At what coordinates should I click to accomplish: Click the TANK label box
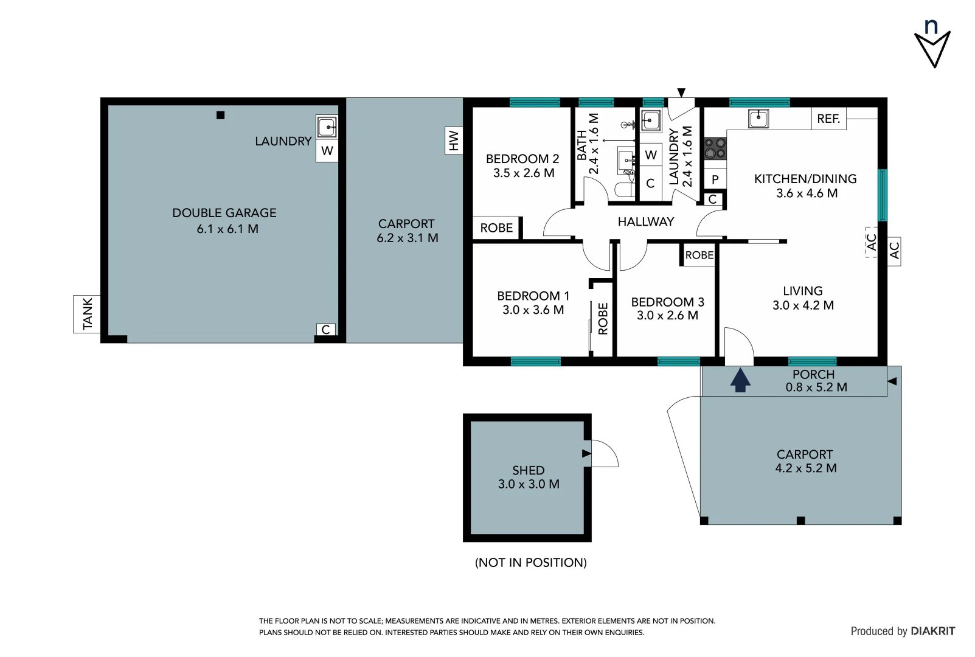pyautogui.click(x=87, y=313)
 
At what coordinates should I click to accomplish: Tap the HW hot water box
pyautogui.click(x=454, y=141)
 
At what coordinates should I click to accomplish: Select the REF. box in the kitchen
pyautogui.click(x=828, y=119)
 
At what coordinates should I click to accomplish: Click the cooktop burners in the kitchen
pyautogui.click(x=715, y=148)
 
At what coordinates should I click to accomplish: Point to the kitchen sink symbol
pyautogui.click(x=758, y=118)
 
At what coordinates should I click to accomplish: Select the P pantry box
pyautogui.click(x=715, y=179)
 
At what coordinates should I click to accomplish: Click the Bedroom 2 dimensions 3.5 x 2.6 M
pyautogui.click(x=524, y=173)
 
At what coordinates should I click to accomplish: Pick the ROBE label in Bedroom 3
pyautogui.click(x=699, y=255)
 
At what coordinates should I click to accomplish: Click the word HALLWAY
pyautogui.click(x=645, y=222)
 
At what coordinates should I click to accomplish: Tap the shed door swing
pyautogui.click(x=604, y=453)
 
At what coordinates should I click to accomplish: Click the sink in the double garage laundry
pyautogui.click(x=327, y=128)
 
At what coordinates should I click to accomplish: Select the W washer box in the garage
pyautogui.click(x=327, y=151)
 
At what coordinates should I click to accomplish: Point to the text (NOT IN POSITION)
pyautogui.click(x=530, y=563)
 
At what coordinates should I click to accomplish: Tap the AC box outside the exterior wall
pyautogui.click(x=894, y=251)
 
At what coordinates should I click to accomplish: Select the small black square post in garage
pyautogui.click(x=221, y=115)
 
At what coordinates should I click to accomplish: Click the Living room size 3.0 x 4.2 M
pyautogui.click(x=803, y=305)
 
